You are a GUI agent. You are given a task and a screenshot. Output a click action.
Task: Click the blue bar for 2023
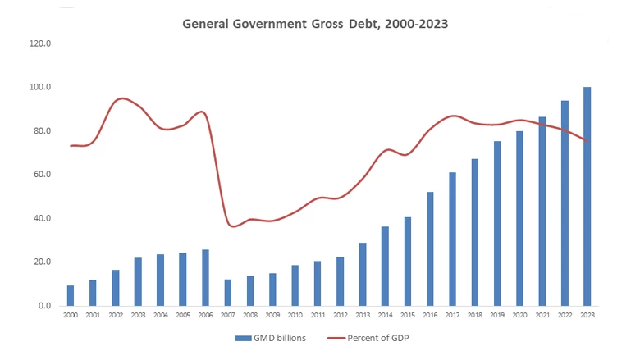click(x=587, y=197)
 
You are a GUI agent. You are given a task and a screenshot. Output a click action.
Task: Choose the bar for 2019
click(x=496, y=224)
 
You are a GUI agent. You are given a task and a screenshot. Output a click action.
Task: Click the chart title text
click(x=315, y=24)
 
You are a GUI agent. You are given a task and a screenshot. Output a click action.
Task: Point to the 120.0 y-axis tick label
click(x=40, y=43)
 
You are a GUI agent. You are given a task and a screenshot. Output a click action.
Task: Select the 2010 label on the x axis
click(x=295, y=315)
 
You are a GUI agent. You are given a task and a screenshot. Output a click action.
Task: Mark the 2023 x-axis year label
click(x=587, y=315)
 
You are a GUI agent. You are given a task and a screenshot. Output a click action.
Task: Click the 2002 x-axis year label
click(x=116, y=315)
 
